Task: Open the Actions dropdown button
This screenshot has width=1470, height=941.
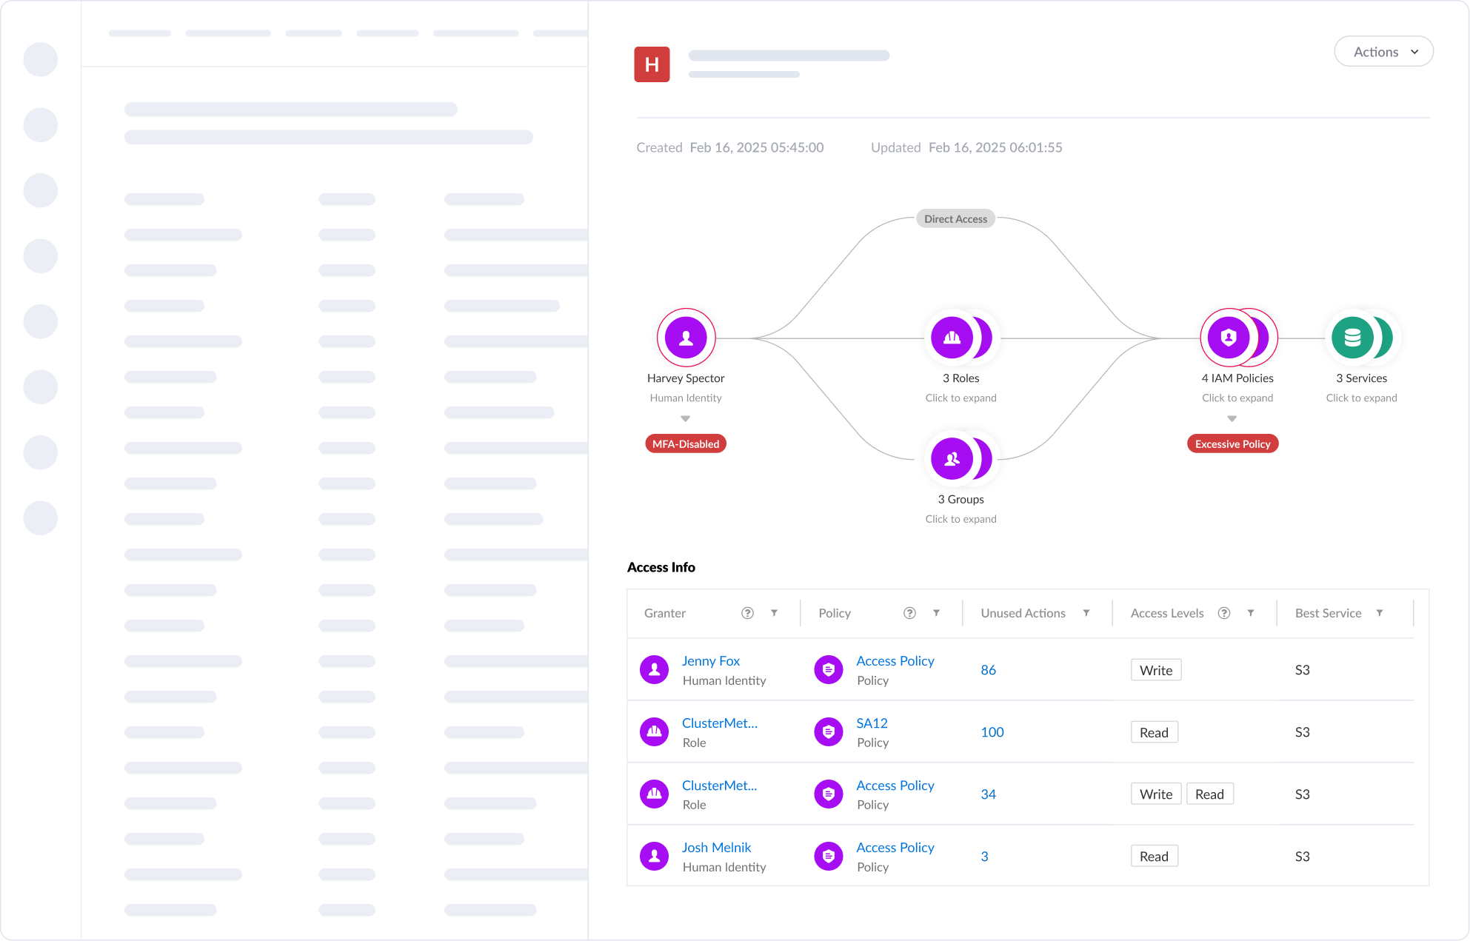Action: click(1383, 52)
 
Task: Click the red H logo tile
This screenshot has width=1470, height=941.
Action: click(652, 64)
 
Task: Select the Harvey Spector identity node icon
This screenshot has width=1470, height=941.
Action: click(686, 338)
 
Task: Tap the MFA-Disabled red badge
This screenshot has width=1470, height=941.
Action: click(686, 443)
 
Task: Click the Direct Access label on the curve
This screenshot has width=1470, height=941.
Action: click(955, 219)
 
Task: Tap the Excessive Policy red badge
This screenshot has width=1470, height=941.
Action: click(1232, 443)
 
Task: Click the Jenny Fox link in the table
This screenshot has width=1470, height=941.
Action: click(710, 660)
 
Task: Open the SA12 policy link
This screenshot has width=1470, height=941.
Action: click(872, 723)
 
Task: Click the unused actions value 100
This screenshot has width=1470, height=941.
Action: click(992, 731)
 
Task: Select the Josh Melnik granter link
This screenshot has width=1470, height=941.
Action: click(716, 847)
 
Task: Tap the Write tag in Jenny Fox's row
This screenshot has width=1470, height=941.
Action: click(1156, 670)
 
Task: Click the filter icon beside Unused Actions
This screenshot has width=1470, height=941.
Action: click(1086, 613)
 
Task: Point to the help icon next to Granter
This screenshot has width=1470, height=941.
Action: click(747, 613)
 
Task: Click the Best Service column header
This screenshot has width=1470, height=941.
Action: click(1328, 613)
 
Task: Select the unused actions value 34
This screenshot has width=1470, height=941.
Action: click(988, 794)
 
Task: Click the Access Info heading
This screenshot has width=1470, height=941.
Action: click(661, 567)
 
